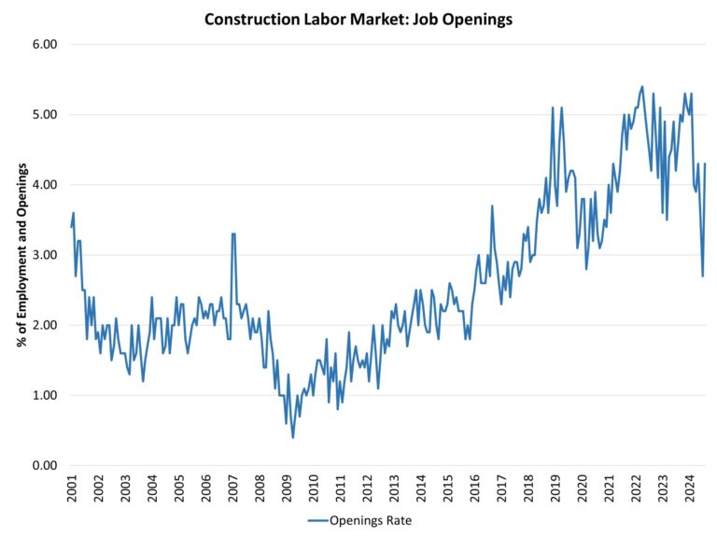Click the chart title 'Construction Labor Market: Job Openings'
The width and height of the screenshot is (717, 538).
tap(358, 20)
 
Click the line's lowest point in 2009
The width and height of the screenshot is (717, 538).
tap(293, 437)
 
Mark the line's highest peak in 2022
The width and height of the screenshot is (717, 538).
tap(642, 87)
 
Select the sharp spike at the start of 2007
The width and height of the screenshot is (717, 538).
tap(233, 234)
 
